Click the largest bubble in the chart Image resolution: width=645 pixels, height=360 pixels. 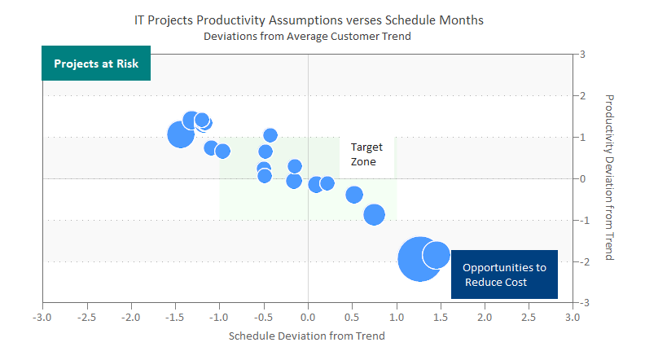pyautogui.click(x=420, y=259)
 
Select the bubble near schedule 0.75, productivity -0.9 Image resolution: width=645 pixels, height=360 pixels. pyautogui.click(x=374, y=214)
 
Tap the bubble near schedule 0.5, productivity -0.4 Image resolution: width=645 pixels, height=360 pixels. pyautogui.click(x=354, y=195)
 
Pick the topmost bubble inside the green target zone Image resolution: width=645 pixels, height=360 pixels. pyautogui.click(x=270, y=135)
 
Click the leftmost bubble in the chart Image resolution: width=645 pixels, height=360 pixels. pyautogui.click(x=181, y=134)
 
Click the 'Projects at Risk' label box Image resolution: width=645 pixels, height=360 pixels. pyautogui.click(x=96, y=64)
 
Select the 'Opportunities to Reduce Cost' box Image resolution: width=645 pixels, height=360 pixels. pyautogui.click(x=504, y=274)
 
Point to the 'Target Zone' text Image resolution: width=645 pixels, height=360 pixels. pyautogui.click(x=364, y=154)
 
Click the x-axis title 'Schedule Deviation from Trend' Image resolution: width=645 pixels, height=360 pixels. pyautogui.click(x=306, y=335)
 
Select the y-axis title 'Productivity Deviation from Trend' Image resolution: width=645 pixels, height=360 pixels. pyautogui.click(x=608, y=177)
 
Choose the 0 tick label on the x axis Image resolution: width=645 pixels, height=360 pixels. pyautogui.click(x=308, y=314)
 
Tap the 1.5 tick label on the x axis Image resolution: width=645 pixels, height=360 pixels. pyautogui.click(x=440, y=314)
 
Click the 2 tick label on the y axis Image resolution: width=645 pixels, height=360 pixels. pyautogui.click(x=584, y=96)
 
